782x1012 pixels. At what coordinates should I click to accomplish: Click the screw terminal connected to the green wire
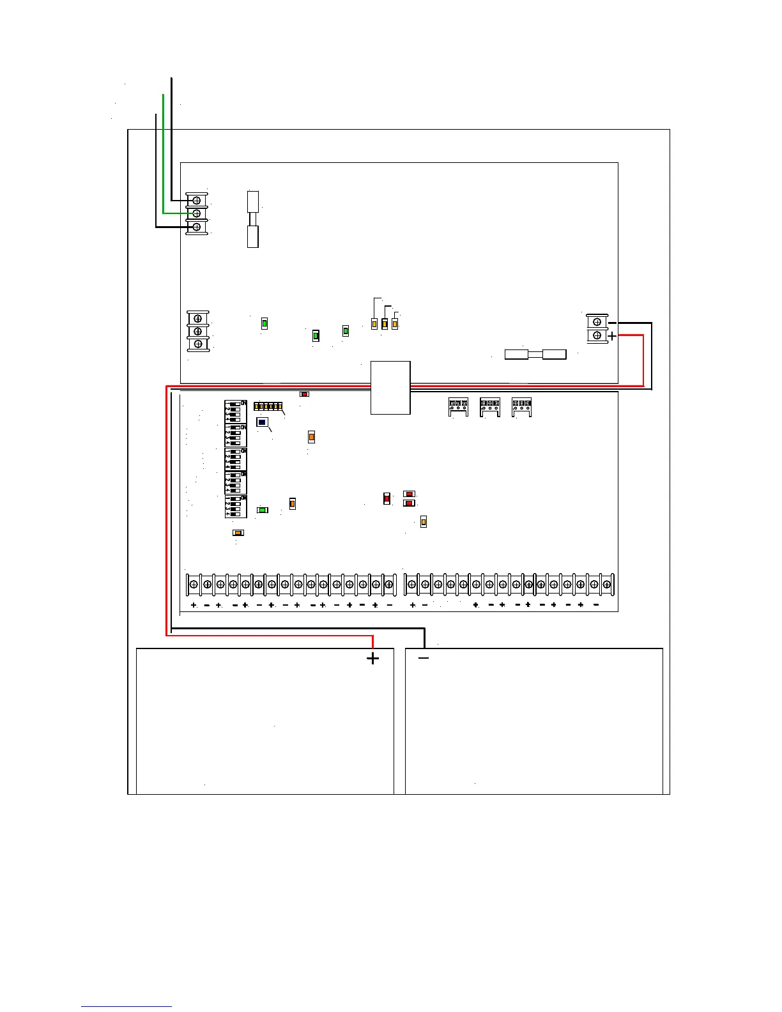pos(197,213)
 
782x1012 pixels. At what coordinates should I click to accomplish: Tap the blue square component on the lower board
pos(262,422)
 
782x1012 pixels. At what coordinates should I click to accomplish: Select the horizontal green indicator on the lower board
pos(262,510)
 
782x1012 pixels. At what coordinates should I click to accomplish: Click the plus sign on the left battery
pos(372,659)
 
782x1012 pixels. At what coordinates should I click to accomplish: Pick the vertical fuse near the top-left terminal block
pos(253,219)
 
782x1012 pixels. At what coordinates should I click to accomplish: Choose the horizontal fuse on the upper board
pos(535,354)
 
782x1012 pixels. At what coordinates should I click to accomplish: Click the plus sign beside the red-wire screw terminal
pos(612,336)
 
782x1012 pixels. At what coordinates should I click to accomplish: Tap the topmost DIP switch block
pos(235,412)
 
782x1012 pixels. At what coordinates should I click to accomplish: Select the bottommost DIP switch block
pos(235,507)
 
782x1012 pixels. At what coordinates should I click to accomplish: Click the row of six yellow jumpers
pos(268,406)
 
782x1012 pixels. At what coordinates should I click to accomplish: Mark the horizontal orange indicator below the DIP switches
pos(238,533)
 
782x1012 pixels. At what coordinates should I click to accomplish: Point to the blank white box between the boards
pos(390,388)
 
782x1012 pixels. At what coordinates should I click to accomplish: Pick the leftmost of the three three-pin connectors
pos(458,407)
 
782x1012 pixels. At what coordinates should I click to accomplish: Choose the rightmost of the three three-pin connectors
pos(521,407)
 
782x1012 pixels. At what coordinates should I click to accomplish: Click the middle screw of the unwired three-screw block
pos(198,331)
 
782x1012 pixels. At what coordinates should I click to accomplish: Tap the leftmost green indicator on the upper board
pos(264,324)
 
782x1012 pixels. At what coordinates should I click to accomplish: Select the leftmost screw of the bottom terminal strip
pos(194,584)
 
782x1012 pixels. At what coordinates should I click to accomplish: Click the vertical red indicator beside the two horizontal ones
pos(387,498)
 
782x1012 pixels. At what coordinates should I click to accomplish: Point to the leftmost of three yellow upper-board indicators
pos(374,324)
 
